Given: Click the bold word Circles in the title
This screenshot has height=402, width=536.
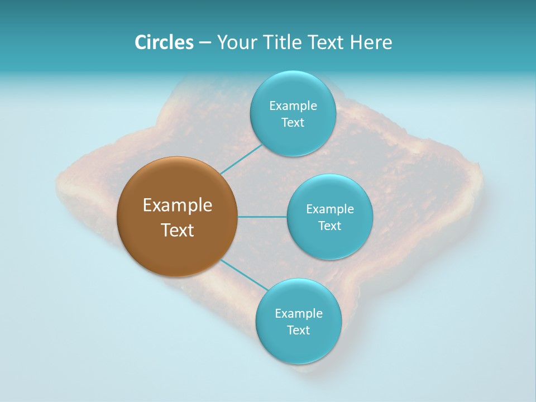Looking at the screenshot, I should [x=164, y=42].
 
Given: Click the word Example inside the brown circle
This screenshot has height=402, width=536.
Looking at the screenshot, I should [x=178, y=205].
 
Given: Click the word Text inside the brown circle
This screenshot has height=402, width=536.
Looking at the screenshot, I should [x=178, y=230].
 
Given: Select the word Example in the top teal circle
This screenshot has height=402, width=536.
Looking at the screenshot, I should [x=293, y=106].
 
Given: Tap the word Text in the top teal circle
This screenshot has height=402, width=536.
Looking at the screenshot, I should [x=293, y=123].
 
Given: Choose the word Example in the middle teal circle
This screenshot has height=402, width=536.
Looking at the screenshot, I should [x=329, y=209].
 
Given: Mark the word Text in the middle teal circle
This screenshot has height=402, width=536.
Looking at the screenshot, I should [x=329, y=226].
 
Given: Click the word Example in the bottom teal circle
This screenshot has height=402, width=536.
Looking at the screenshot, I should [x=298, y=314].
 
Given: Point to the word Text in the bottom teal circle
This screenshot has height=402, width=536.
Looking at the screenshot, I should [x=298, y=331].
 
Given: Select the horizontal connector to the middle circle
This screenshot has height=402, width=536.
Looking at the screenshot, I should [x=262, y=217].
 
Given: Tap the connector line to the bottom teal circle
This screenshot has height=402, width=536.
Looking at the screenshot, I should [x=244, y=274].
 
